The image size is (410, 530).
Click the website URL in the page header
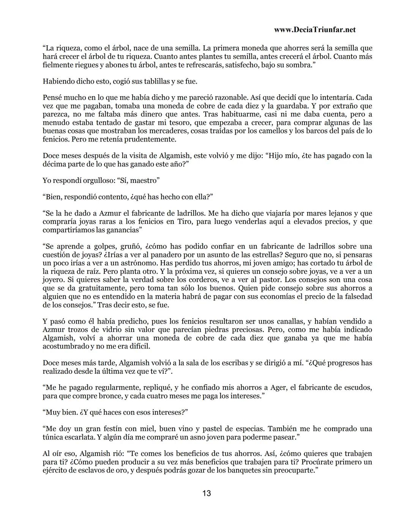(314, 30)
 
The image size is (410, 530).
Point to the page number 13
(207, 493)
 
